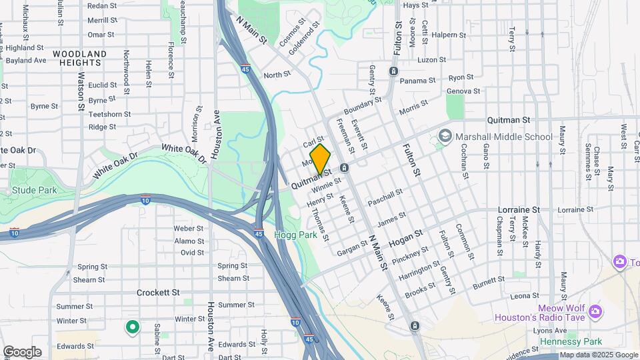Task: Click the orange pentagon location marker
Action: coord(320,159)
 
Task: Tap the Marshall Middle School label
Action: coord(503,137)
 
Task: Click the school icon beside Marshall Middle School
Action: coord(444,137)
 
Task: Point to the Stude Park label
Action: coord(34,191)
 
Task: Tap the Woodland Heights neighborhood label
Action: coord(79,58)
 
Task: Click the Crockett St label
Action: coord(158,292)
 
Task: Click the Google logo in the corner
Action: coord(22,352)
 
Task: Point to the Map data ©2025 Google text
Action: coord(599,355)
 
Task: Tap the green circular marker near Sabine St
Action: coord(132,327)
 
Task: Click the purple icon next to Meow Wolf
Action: coord(595,311)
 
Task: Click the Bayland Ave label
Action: coord(26,60)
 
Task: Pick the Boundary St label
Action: coord(363,105)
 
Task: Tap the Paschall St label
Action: coord(385,197)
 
